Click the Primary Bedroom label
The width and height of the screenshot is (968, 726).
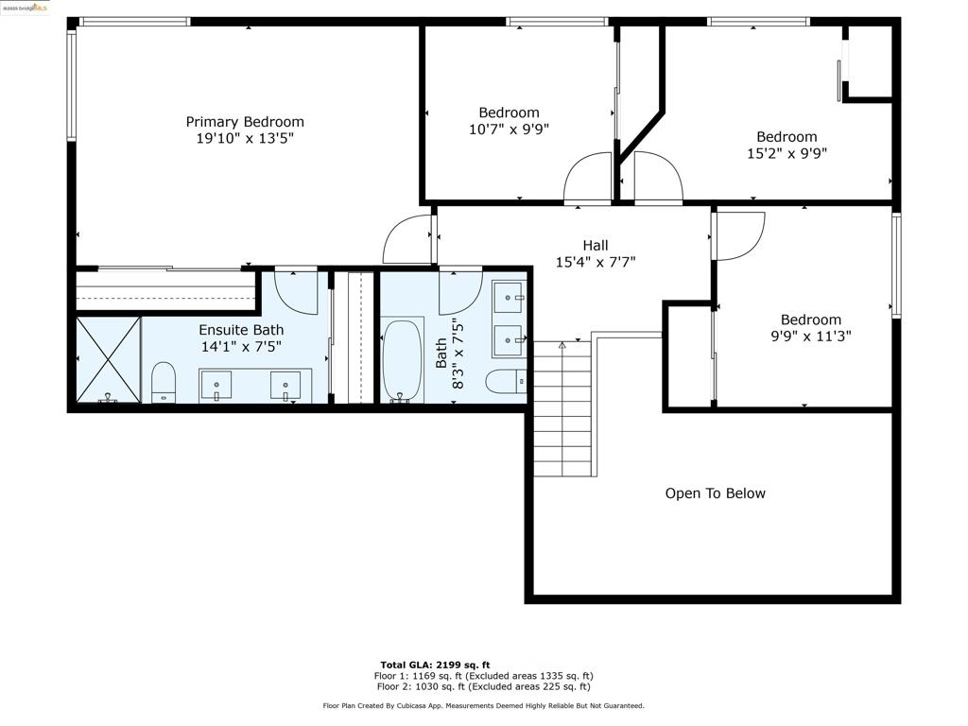click(245, 122)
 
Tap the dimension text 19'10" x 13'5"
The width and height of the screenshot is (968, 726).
click(245, 138)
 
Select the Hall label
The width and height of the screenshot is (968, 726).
click(596, 245)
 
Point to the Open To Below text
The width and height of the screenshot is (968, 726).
click(715, 493)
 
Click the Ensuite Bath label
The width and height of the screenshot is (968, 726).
click(241, 330)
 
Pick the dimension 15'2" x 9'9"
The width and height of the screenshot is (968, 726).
click(786, 153)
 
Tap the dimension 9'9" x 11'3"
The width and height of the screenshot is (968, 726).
click(810, 336)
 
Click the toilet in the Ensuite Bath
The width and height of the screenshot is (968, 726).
click(164, 383)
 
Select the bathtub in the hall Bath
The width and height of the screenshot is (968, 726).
click(401, 360)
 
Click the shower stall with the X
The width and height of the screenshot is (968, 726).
click(109, 360)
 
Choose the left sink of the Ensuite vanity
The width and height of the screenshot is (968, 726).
click(216, 386)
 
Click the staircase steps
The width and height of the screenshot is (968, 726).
click(562, 408)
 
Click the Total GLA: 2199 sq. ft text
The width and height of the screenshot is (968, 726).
click(435, 665)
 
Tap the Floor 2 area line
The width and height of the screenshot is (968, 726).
click(483, 686)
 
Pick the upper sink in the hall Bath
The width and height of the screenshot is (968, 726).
click(509, 298)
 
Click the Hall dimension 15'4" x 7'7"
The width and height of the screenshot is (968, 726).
click(596, 262)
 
